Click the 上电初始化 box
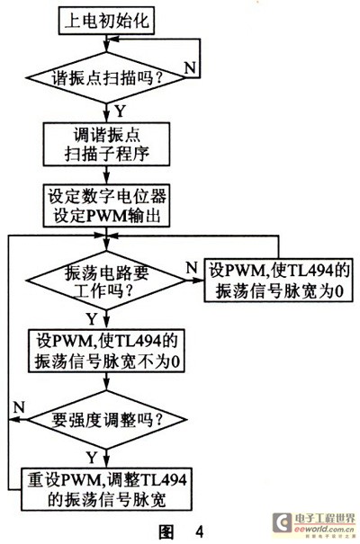tap(106, 22)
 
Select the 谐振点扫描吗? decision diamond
tap(106, 77)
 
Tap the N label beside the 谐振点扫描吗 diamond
tap(190, 67)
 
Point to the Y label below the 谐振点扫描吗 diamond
tap(120, 111)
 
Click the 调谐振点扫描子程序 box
tap(106, 144)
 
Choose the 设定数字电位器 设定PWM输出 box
tap(106, 206)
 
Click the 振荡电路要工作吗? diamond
tap(106, 281)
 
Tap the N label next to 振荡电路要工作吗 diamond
tap(192, 268)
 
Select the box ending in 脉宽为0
tap(278, 280)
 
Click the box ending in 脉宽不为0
tap(106, 351)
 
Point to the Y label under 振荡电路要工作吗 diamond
tap(92, 319)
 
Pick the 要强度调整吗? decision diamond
tap(106, 420)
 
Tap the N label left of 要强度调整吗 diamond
tap(19, 407)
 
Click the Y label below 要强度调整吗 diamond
tap(92, 458)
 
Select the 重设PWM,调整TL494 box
tap(106, 489)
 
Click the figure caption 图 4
tap(181, 531)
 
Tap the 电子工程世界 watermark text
tap(325, 519)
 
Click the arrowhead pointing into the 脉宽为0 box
tap(199, 280)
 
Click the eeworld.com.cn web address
tap(324, 529)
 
